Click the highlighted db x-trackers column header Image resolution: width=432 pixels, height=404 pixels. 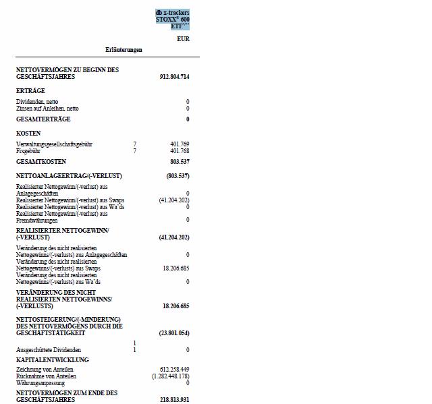point(172,20)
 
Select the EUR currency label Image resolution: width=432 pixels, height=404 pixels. point(183,39)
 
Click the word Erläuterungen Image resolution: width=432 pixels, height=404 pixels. point(124,50)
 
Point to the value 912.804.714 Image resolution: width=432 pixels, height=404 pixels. point(174,77)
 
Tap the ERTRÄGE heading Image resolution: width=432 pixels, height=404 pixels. point(30,90)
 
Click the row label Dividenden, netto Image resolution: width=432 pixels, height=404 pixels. point(37,102)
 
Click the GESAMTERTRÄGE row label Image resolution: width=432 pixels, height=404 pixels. point(43,119)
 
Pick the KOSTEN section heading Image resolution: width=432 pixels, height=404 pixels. point(28,134)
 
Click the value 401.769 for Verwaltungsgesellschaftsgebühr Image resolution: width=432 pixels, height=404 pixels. point(180,144)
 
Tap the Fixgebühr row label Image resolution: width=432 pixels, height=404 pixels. point(28,151)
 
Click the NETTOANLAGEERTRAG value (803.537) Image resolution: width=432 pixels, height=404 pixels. point(178,175)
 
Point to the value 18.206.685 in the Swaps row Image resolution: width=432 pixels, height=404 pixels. point(175,268)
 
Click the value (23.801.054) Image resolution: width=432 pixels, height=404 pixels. point(174,333)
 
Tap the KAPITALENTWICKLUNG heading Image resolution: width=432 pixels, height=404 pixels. point(52,360)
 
